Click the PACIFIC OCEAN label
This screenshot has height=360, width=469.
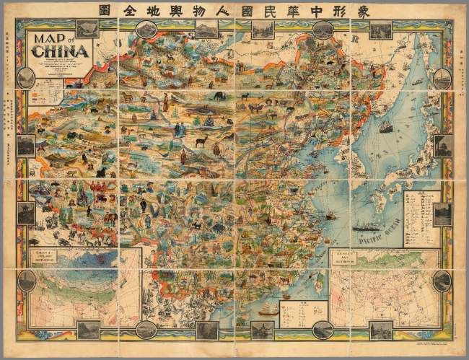pos(374,234)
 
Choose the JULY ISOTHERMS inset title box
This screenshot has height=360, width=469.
pos(345,255)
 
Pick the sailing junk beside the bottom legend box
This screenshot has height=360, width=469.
pos(269,309)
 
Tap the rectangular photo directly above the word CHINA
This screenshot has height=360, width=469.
pos(87,29)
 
